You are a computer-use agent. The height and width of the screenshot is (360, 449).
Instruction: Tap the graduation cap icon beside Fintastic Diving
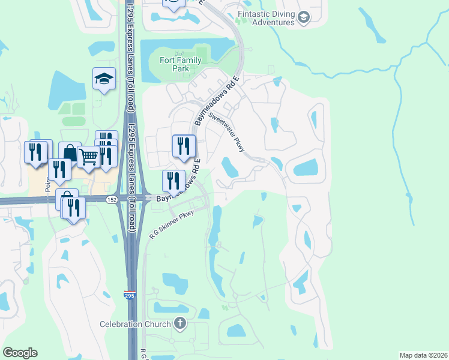tap(303, 17)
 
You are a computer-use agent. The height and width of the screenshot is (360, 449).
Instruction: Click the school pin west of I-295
tap(104, 79)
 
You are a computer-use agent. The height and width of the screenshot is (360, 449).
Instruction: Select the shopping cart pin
tap(88, 157)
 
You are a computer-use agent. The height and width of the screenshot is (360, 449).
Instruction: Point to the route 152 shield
tap(112, 199)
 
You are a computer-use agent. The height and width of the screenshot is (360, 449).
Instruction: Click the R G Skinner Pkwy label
tap(173, 224)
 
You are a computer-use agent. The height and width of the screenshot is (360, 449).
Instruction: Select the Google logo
tap(20, 353)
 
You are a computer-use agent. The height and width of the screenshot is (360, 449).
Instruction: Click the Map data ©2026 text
tap(423, 355)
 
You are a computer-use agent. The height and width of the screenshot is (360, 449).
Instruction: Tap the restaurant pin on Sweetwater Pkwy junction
tap(184, 146)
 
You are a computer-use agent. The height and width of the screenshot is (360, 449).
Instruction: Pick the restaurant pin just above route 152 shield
tap(173, 181)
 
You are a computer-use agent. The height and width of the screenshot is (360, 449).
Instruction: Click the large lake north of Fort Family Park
tap(186, 47)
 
